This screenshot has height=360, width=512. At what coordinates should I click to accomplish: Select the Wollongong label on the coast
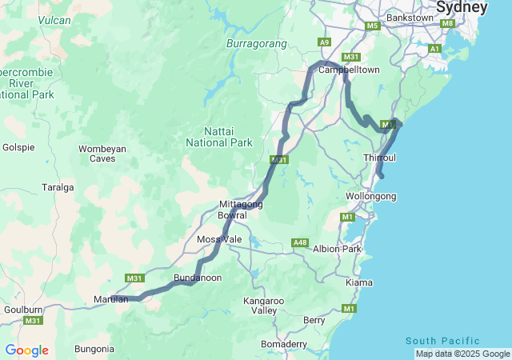[x=370, y=196]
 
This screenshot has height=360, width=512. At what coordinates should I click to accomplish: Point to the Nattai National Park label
[x=218, y=136]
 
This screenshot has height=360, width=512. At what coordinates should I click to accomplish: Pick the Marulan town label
[x=110, y=299]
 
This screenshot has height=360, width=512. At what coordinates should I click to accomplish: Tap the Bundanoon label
[x=198, y=278]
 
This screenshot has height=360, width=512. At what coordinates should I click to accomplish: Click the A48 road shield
[x=300, y=242]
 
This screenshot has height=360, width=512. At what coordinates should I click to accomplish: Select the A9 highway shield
[x=324, y=42]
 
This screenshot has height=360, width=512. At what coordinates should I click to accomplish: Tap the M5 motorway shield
[x=372, y=26]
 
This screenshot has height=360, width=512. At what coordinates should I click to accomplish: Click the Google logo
[x=26, y=350]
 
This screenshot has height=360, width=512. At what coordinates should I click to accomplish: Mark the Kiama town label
[x=358, y=283]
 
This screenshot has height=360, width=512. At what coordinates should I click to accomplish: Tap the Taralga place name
[x=58, y=188]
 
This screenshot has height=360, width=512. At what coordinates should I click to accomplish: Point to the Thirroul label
[x=380, y=158]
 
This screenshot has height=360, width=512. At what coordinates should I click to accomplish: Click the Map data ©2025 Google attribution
[x=462, y=354]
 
